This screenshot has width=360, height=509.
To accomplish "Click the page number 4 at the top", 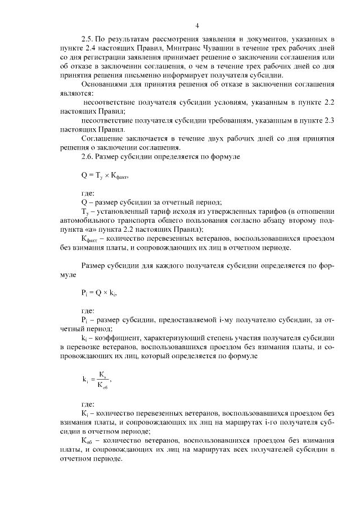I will click(197, 25).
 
